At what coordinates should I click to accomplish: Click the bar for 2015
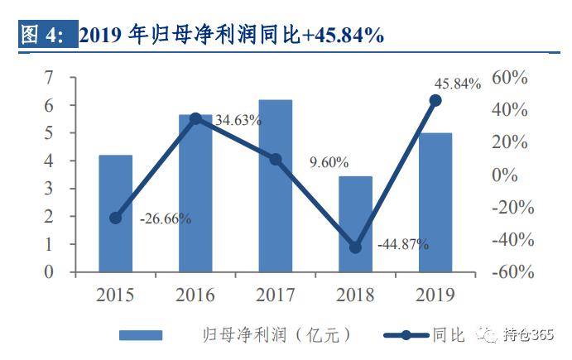click(116, 213)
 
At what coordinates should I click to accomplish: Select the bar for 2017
click(276, 185)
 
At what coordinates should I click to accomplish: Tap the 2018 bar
click(356, 223)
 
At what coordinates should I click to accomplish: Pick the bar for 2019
click(435, 202)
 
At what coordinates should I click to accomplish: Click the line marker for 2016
click(195, 119)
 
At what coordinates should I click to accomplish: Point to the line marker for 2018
click(356, 247)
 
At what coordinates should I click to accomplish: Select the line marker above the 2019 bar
click(435, 100)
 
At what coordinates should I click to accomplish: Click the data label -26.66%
click(166, 219)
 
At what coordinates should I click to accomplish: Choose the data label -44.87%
click(403, 245)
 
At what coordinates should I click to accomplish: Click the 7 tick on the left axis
click(49, 78)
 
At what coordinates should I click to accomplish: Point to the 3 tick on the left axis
click(49, 189)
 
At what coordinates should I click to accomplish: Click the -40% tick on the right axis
click(509, 239)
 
